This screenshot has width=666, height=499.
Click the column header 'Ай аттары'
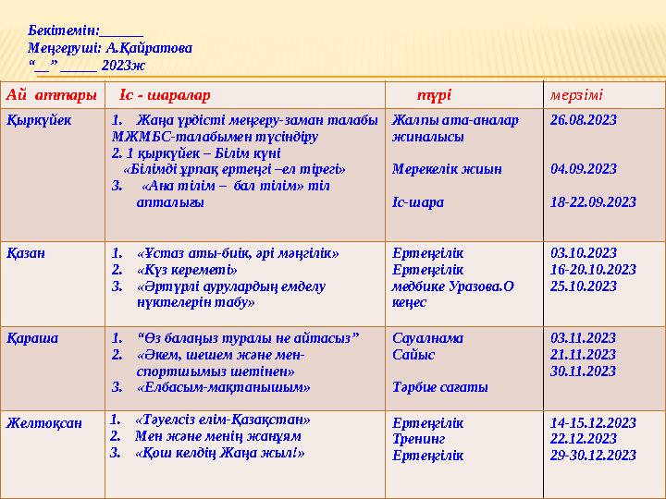pos(52,95)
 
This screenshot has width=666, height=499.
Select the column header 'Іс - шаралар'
pos(165,95)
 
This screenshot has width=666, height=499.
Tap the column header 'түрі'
pos(434,95)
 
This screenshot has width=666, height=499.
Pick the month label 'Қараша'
pos(32,338)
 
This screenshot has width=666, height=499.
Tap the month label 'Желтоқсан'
pos(44,423)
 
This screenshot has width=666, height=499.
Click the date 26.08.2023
pos(583,120)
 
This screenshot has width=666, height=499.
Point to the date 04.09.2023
pos(583,170)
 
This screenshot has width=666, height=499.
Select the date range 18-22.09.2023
pos(593,202)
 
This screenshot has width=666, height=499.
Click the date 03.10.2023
pos(583,252)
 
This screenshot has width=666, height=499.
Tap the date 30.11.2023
pos(583,371)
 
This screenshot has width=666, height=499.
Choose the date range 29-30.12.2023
pos(593,455)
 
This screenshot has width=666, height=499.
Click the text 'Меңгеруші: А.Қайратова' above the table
pos(110,47)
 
